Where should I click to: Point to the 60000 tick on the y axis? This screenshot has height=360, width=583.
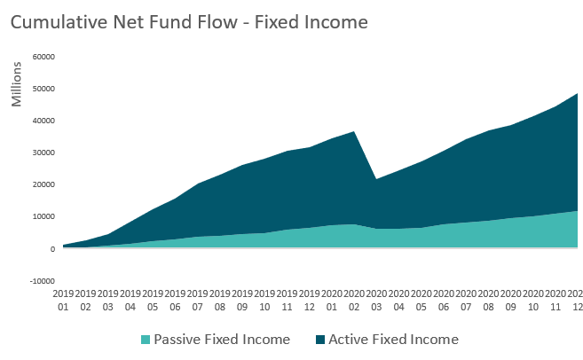(x=43, y=57)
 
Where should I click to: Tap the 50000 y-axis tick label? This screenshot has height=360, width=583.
(x=43, y=89)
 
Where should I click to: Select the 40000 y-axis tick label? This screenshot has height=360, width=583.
(x=43, y=121)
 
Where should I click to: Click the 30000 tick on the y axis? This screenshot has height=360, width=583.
(x=43, y=153)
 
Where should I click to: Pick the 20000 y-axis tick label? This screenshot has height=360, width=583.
(x=43, y=184)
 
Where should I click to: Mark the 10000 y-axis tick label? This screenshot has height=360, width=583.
(x=43, y=216)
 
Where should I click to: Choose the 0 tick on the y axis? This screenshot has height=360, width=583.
(x=52, y=249)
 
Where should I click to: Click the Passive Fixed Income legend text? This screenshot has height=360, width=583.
(x=222, y=339)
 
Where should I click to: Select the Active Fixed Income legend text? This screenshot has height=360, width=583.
(x=393, y=339)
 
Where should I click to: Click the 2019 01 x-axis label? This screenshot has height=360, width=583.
(x=63, y=299)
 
